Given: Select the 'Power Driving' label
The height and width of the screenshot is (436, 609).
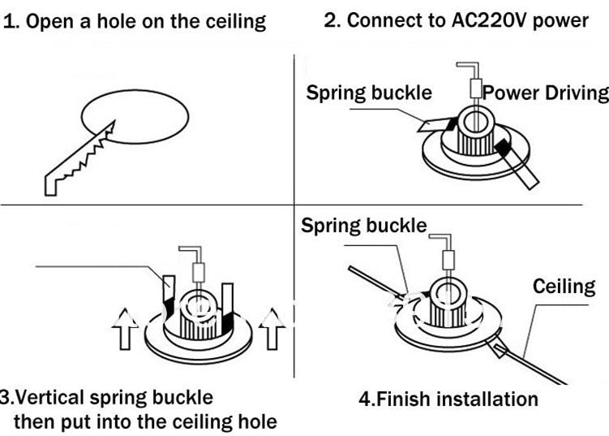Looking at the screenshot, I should [x=546, y=93].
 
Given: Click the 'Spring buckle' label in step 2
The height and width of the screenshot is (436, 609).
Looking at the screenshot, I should [x=368, y=93].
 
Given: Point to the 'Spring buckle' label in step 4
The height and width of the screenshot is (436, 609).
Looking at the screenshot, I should [x=363, y=225].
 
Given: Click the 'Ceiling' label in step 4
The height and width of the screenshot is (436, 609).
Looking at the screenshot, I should [x=564, y=286].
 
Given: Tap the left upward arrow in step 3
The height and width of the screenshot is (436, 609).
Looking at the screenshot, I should [x=124, y=329].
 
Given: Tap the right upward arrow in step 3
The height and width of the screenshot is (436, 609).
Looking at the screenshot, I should [x=268, y=329].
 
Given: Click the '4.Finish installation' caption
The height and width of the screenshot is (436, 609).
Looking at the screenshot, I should [x=448, y=399].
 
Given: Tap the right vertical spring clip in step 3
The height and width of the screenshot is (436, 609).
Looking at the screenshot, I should [x=228, y=303].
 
